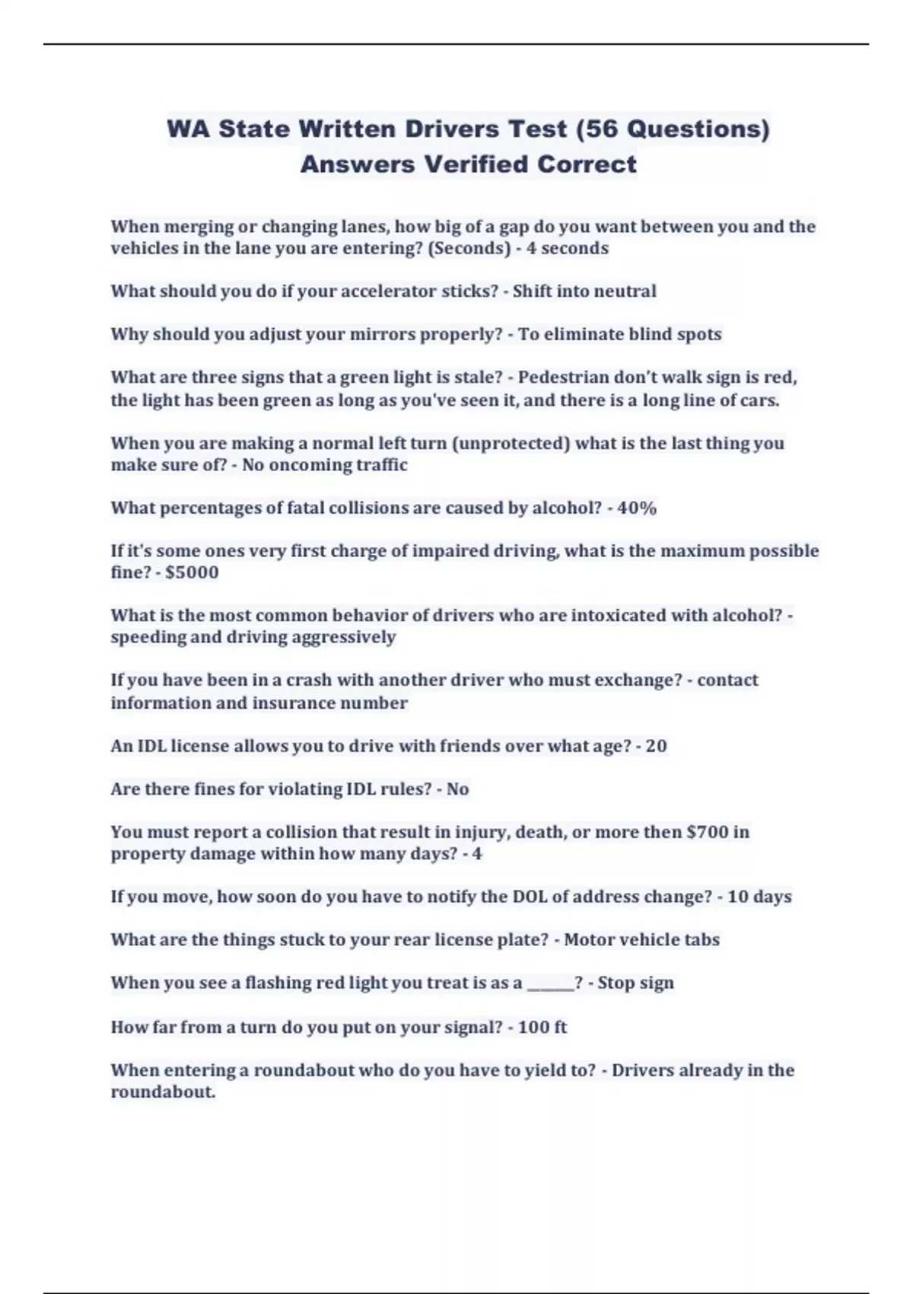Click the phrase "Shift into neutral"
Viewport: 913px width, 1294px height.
pyautogui.click(x=584, y=291)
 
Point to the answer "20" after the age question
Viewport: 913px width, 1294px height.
pyautogui.click(x=656, y=746)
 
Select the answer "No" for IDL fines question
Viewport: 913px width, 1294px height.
pyautogui.click(x=457, y=789)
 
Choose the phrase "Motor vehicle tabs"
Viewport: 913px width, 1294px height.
pyautogui.click(x=641, y=940)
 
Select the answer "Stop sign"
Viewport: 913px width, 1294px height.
pyautogui.click(x=635, y=983)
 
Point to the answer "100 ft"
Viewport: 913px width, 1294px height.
pyautogui.click(x=542, y=1028)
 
